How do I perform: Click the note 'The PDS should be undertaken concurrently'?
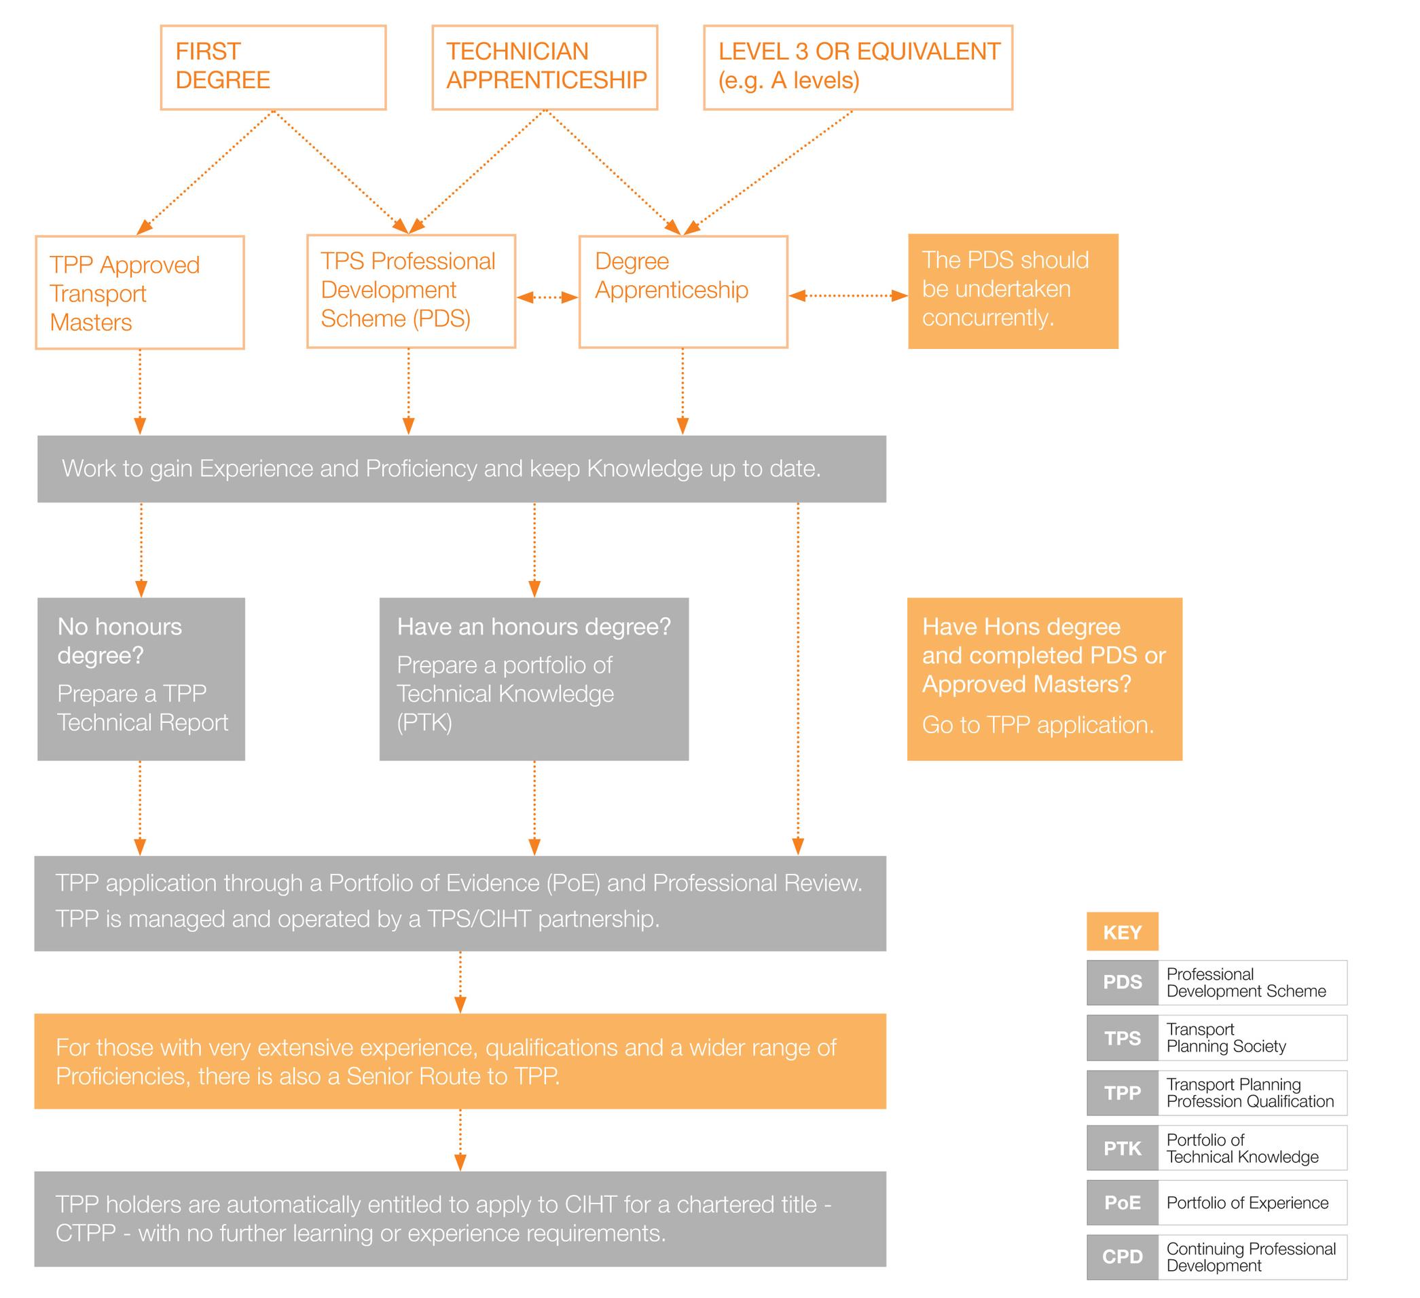pyautogui.click(x=1013, y=291)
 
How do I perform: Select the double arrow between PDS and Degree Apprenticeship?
pyautogui.click(x=547, y=297)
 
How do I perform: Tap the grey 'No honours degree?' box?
pyautogui.click(x=141, y=679)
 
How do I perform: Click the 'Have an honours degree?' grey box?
pyautogui.click(x=534, y=679)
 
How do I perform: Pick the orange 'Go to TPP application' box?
pyautogui.click(x=1044, y=679)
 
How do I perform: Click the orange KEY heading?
pyautogui.click(x=1122, y=932)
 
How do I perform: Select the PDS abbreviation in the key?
pyautogui.click(x=1123, y=982)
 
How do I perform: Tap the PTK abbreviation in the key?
pyautogui.click(x=1123, y=1148)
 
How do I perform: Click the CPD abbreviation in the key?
pyautogui.click(x=1123, y=1257)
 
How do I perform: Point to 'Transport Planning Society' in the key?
pyautogui.click(x=1226, y=1037)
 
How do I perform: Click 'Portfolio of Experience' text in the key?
pyautogui.click(x=1248, y=1202)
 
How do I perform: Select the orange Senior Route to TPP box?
pyautogui.click(x=460, y=1061)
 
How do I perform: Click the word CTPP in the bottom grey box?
pyautogui.click(x=86, y=1234)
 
